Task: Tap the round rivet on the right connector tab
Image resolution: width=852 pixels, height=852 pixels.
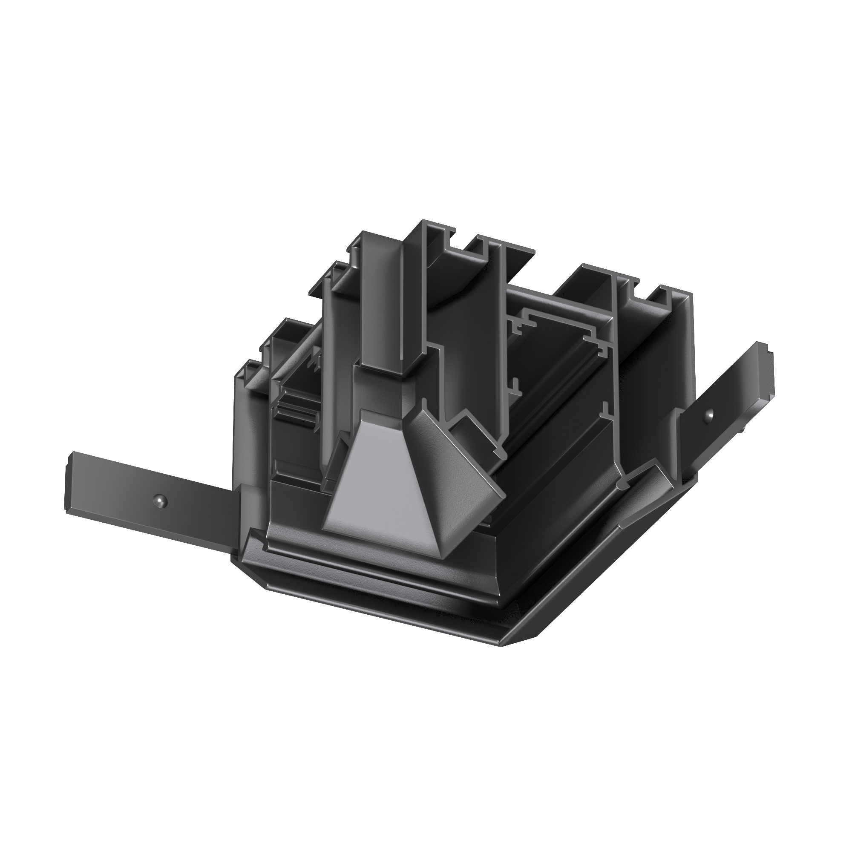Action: coord(709,414)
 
